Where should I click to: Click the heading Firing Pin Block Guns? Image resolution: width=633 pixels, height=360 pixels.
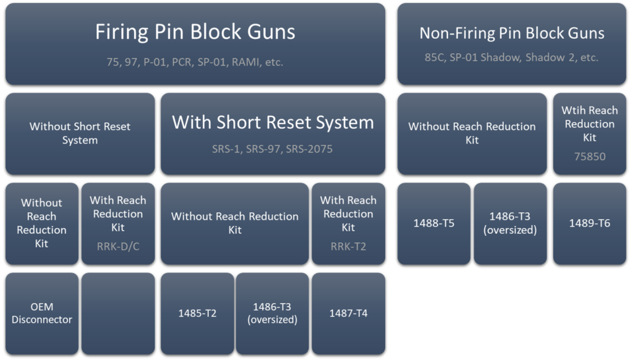(195, 32)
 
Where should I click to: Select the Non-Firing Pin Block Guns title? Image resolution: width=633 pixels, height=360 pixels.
(512, 33)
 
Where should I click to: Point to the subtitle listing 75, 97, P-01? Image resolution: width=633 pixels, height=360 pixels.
(195, 62)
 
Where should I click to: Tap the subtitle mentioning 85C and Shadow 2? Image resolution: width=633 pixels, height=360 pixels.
(512, 58)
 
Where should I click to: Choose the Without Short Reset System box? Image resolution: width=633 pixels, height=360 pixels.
(80, 133)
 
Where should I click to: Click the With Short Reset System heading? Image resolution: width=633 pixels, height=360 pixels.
(273, 122)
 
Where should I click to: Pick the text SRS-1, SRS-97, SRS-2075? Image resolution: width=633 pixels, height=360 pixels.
(273, 149)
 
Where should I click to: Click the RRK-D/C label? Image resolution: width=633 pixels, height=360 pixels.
(117, 246)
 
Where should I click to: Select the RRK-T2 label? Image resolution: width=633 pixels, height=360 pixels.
(348, 246)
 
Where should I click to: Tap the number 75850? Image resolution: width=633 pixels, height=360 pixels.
(589, 156)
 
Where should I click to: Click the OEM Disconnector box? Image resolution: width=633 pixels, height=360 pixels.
(42, 313)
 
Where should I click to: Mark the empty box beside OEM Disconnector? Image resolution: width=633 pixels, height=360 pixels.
(117, 313)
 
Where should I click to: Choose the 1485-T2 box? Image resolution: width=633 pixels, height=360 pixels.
(197, 313)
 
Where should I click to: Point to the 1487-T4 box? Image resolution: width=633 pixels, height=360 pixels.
(348, 313)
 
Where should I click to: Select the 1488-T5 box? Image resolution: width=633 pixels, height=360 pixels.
(434, 223)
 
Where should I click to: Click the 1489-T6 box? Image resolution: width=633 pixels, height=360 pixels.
(589, 223)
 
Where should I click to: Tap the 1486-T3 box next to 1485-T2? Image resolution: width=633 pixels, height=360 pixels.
(273, 313)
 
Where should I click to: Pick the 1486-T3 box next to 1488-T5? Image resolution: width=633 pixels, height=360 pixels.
(510, 223)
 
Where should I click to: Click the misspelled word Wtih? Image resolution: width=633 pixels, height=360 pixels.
(573, 110)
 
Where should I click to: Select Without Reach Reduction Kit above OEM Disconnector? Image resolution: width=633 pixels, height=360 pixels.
(42, 223)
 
